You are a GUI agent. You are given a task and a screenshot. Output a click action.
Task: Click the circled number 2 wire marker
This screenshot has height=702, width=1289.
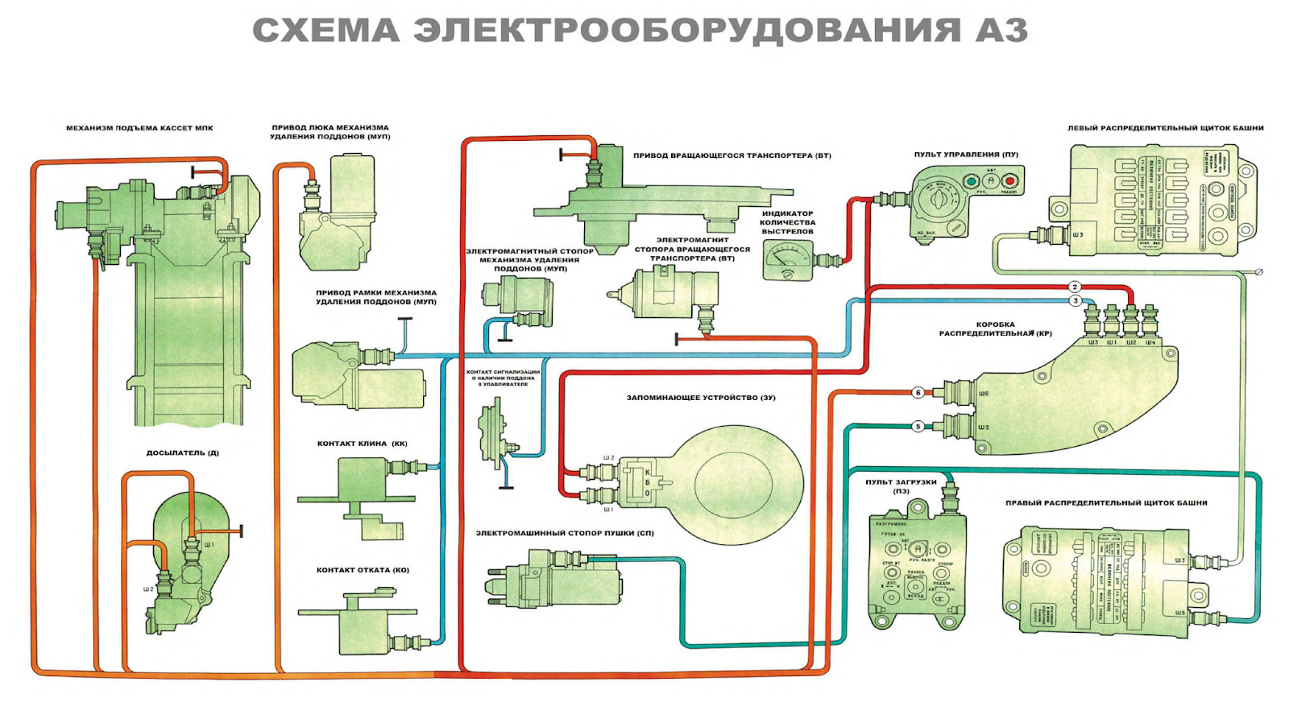pos(1075,287)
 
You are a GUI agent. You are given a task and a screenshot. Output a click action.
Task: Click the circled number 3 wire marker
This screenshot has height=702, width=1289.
pos(1076,301)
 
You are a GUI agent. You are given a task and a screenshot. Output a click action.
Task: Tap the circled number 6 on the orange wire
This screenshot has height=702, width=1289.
pos(918,393)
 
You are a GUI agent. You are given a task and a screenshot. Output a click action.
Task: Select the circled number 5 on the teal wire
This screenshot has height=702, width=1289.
pos(918,427)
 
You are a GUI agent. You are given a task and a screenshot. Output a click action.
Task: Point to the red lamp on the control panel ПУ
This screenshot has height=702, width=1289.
pos(1009,180)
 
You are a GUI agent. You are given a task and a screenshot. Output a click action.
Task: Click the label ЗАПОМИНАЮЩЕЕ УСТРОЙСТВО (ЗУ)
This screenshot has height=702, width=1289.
pos(701,398)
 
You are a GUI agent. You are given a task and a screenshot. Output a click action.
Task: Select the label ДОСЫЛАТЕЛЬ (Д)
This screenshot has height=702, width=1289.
pos(182,453)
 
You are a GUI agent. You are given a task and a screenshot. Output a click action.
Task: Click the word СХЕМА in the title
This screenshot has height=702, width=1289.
pos(326,31)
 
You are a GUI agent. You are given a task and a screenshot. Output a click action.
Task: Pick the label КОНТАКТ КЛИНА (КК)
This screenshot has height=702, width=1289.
pos(362,444)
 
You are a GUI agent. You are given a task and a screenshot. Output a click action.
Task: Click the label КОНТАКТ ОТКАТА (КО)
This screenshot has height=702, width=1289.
pos(363,570)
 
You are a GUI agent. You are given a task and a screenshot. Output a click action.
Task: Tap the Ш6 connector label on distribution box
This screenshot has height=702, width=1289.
pos(984,394)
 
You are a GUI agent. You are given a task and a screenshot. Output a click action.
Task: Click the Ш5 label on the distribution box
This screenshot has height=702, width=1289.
pos(984,427)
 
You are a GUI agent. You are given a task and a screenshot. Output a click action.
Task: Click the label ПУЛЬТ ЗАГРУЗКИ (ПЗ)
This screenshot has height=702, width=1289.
pos(901,486)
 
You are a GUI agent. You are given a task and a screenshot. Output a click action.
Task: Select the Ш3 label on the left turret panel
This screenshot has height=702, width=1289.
pos(1078,235)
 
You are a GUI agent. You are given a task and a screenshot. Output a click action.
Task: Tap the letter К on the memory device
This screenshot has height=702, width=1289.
pos(647,473)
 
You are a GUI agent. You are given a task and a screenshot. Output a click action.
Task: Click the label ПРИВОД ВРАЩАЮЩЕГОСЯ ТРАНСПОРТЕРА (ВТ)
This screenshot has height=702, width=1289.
pos(732,155)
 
